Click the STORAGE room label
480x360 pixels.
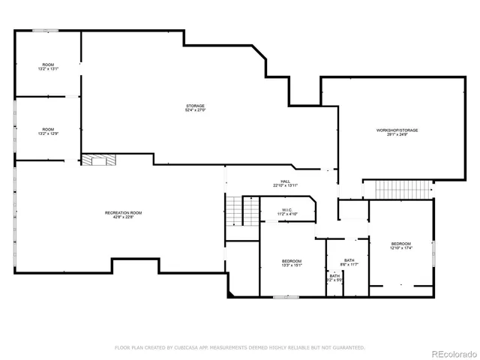(x=195, y=106)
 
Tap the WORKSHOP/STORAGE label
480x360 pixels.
(x=397, y=130)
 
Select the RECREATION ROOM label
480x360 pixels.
(x=123, y=213)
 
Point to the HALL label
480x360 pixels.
(x=285, y=181)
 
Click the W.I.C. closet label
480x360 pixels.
(x=288, y=209)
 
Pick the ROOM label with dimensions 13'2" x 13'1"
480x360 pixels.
(x=48, y=64)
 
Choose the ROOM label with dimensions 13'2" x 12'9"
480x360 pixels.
(x=48, y=129)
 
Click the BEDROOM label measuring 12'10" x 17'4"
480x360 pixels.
(x=400, y=244)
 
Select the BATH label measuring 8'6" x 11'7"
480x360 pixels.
(x=349, y=260)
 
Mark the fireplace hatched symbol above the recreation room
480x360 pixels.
(x=99, y=159)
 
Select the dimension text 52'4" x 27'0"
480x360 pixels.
(x=195, y=110)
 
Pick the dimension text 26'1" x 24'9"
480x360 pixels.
(x=397, y=135)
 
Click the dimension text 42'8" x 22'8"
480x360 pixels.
(x=123, y=217)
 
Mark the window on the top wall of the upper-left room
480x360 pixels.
(x=44, y=30)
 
